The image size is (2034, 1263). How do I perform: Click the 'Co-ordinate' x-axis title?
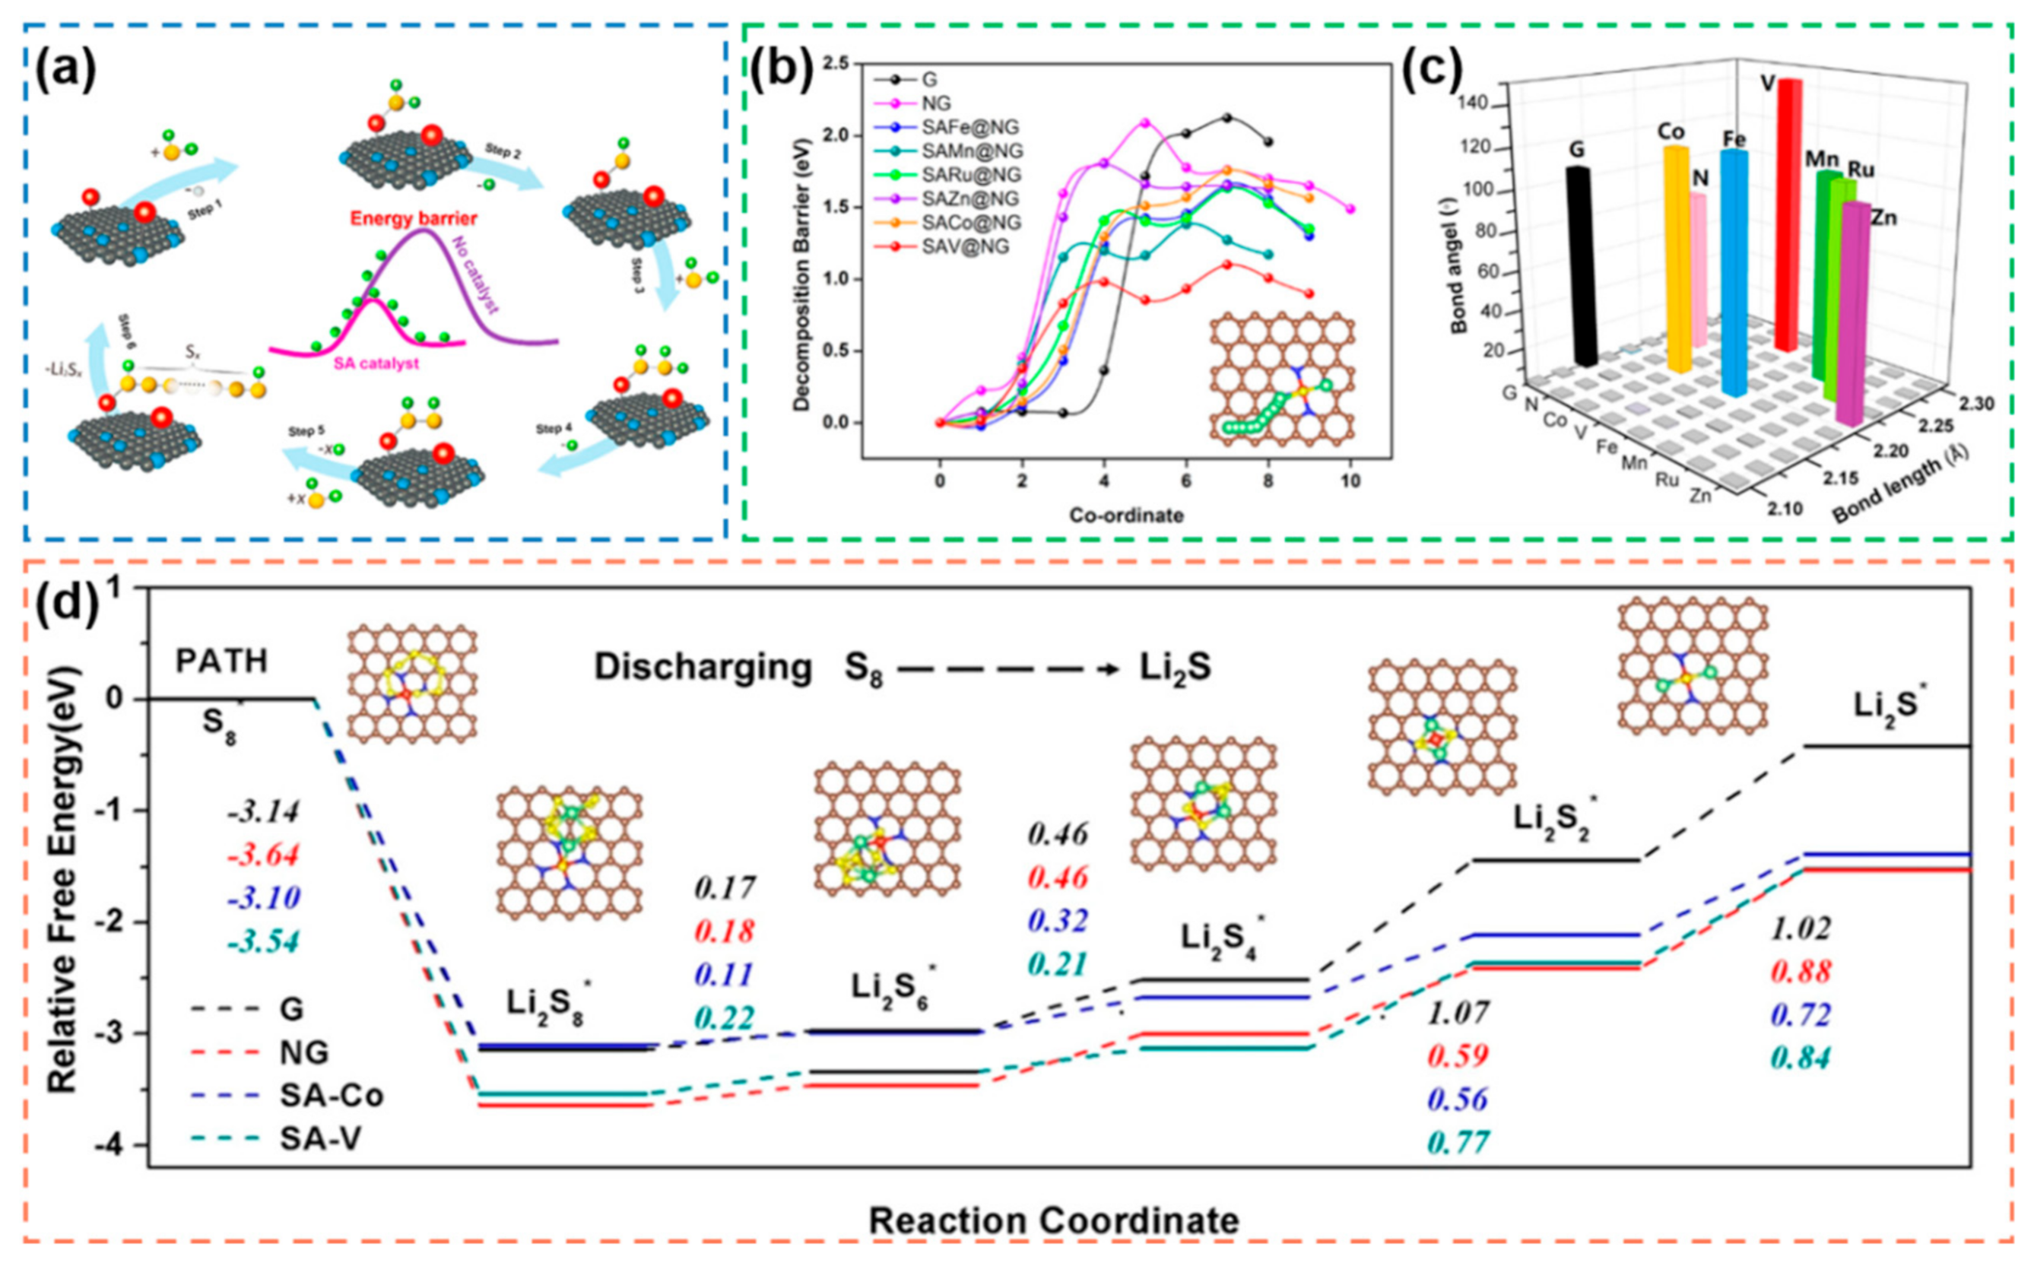click(x=1126, y=516)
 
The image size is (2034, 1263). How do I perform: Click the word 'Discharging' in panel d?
click(x=703, y=668)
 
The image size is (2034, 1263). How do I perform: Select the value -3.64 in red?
click(x=263, y=856)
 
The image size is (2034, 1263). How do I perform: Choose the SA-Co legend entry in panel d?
click(x=332, y=1095)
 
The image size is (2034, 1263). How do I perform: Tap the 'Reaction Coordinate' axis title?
click(x=1053, y=1220)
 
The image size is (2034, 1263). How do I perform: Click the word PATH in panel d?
click(x=222, y=662)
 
